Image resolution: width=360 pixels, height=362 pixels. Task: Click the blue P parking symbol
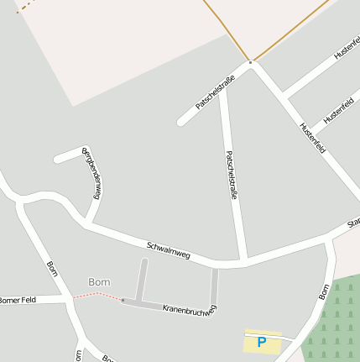click(261, 343)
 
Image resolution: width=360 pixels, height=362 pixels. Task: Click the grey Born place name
click(99, 281)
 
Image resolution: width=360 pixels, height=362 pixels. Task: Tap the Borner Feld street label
click(18, 300)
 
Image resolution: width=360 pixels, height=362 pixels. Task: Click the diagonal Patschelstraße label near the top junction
click(215, 93)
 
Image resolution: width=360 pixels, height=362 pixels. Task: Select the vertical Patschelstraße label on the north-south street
click(232, 175)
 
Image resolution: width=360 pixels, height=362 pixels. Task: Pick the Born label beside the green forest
click(324, 291)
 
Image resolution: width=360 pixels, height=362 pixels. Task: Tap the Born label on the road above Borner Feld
click(52, 269)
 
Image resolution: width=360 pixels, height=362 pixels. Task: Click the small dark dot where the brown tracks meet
click(250, 61)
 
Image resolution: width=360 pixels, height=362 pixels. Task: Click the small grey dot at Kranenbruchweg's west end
click(123, 300)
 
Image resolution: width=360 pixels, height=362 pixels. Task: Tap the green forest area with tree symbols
click(336, 323)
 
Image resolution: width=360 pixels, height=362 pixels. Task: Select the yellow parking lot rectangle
click(262, 344)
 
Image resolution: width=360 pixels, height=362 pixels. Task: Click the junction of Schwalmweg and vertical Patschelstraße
click(243, 261)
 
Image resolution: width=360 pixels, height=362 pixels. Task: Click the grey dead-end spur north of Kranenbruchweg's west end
click(143, 277)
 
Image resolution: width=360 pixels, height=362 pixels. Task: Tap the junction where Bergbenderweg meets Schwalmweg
click(87, 223)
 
